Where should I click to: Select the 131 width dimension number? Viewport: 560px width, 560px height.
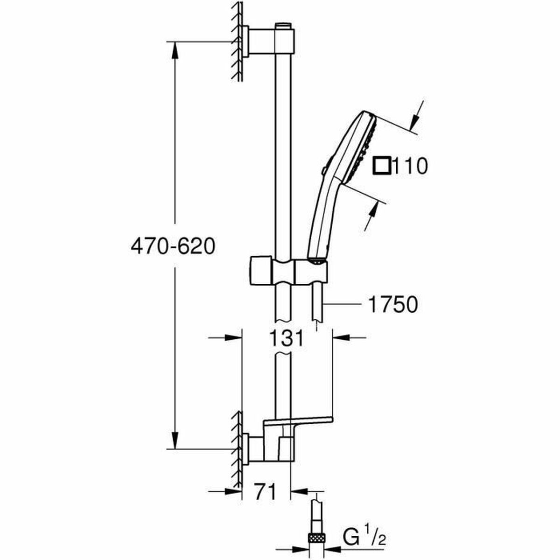[x=287, y=338]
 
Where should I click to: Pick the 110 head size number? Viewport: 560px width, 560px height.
[x=410, y=166]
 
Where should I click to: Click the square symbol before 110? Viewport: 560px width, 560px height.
[x=383, y=166]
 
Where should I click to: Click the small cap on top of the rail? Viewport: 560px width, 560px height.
[x=282, y=25]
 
